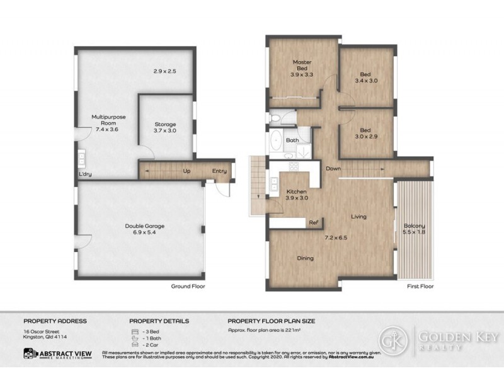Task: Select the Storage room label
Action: pos(166,124)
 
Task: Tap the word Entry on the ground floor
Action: pos(219,171)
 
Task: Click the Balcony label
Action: pos(414,226)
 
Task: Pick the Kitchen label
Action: pos(296,191)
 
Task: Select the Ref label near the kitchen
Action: pos(312,222)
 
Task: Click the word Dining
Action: pos(305,258)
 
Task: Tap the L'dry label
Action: pos(85,175)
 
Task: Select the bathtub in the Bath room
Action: pos(277,141)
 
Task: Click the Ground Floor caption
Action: pos(188,286)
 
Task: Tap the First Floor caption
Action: pos(420,286)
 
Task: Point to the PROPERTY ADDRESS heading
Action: pos(55,321)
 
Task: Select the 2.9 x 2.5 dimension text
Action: pos(164,71)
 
